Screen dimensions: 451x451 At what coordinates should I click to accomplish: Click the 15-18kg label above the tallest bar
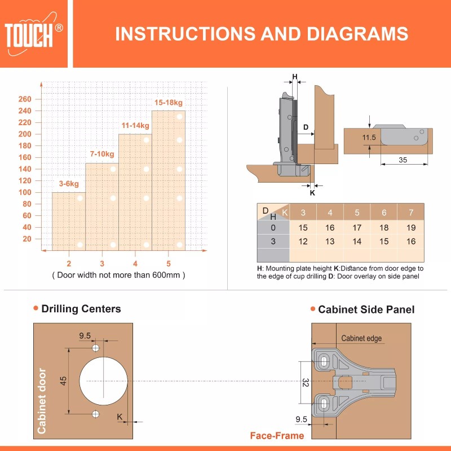(169, 103)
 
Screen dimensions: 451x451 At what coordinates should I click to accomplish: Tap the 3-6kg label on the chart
(69, 184)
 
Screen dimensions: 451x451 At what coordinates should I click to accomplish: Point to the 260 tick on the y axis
(25, 99)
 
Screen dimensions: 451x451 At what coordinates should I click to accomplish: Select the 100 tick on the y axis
(25, 192)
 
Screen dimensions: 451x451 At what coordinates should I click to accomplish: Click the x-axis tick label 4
(135, 263)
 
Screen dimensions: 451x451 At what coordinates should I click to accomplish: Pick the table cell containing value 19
(410, 228)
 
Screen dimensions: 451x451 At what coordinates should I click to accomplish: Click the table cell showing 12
(303, 241)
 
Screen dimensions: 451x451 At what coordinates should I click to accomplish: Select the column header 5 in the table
(357, 213)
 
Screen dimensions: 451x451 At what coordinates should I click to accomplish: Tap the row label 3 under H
(273, 241)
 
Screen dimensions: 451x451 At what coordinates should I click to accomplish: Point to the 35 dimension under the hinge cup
(403, 160)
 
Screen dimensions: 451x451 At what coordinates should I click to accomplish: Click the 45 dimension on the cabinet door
(64, 381)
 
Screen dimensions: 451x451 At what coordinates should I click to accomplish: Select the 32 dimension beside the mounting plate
(304, 383)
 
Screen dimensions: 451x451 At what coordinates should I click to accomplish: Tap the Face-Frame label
(277, 436)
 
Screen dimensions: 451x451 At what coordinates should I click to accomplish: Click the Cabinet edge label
(361, 338)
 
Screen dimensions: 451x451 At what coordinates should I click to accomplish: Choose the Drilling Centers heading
(81, 308)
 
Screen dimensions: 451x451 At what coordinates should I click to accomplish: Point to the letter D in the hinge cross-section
(306, 127)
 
